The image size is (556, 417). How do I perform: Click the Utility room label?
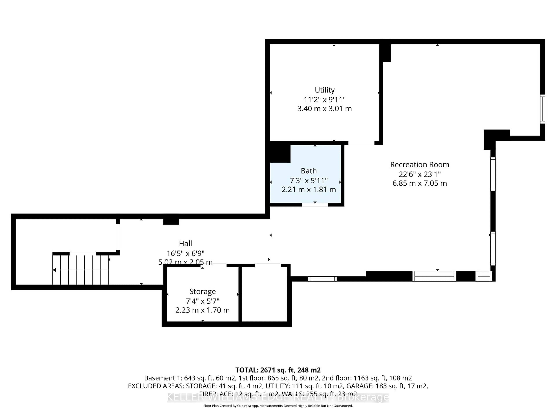click(x=324, y=90)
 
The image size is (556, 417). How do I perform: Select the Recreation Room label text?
click(x=419, y=165)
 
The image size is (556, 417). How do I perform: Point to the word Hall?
click(x=185, y=244)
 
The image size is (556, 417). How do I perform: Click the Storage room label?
click(x=203, y=292)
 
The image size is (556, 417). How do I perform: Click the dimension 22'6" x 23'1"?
click(x=419, y=174)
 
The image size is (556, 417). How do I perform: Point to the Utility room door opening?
click(x=361, y=143)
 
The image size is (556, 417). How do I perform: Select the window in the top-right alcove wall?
click(x=542, y=109)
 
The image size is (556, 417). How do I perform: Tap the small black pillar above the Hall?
click(x=171, y=221)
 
